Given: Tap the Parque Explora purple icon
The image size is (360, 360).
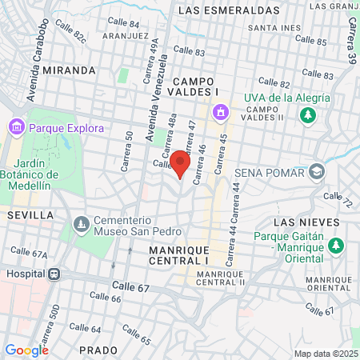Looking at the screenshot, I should click(16, 126).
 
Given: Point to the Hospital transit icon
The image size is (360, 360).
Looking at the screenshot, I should click(54, 273).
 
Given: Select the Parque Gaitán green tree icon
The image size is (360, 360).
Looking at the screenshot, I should click(337, 243).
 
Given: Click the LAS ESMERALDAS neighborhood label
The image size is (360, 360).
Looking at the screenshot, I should click(240, 10).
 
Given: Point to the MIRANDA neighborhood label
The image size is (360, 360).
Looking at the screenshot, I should click(70, 70).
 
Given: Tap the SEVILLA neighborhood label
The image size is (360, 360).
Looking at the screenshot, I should click(30, 215).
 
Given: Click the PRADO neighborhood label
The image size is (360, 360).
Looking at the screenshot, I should click(98, 350).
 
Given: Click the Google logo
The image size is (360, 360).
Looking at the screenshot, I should click(26, 350).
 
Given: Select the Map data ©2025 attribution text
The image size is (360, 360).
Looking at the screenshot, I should click(324, 354).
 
